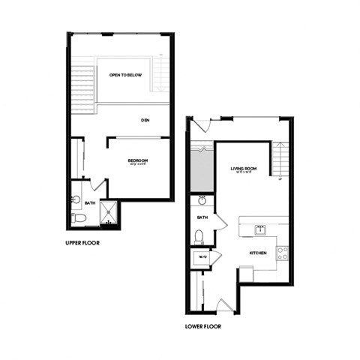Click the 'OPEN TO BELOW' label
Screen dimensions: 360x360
point(124,75)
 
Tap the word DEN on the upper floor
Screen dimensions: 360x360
point(147,120)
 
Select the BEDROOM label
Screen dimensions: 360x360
point(137,160)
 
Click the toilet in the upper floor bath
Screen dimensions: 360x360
point(80,217)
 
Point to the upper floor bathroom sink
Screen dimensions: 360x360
point(76,199)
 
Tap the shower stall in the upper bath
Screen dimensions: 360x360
point(109,213)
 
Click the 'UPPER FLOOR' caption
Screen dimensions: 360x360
point(82,243)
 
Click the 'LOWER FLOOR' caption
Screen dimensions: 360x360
point(202,326)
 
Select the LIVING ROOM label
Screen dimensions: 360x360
point(244,169)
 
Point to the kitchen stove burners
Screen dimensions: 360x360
point(282,253)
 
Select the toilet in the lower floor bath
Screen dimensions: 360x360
point(199,236)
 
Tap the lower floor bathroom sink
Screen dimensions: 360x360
point(201,201)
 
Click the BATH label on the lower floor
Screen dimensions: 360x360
point(202,217)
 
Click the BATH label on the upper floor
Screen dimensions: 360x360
point(90,203)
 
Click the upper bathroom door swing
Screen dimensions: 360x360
point(97,186)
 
